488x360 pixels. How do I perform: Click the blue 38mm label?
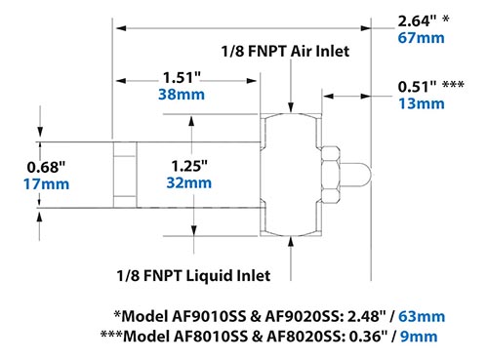[x=183, y=96]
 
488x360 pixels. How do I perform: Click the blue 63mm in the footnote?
[x=425, y=315]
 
